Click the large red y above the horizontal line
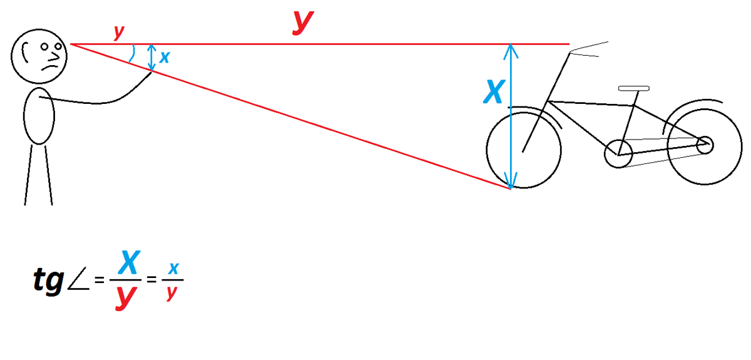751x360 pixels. click(x=303, y=22)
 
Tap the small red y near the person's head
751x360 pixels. click(x=119, y=33)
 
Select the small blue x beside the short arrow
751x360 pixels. click(x=164, y=58)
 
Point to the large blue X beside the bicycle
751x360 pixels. click(x=494, y=91)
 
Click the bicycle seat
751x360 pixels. click(x=633, y=88)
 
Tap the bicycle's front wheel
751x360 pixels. click(x=487, y=150)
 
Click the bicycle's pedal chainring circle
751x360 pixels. click(x=605, y=154)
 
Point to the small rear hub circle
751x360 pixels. click(x=697, y=145)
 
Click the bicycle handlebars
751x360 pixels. click(x=589, y=47)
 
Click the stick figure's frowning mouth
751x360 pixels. click(x=49, y=68)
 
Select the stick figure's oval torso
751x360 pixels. click(x=24, y=116)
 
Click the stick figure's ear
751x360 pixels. click(x=23, y=53)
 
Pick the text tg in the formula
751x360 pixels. click(x=49, y=280)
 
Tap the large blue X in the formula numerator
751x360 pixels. click(x=129, y=262)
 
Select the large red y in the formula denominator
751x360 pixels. click(x=126, y=297)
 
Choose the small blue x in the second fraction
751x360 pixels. click(x=174, y=269)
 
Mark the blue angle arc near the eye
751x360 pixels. click(x=133, y=53)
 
